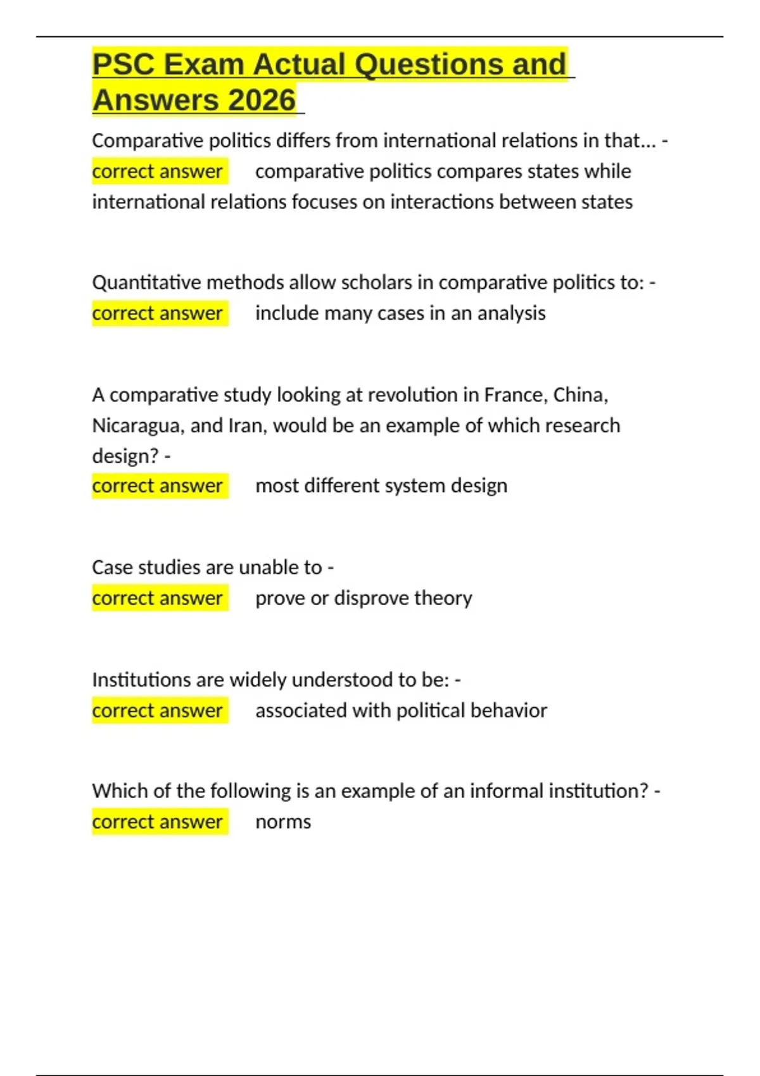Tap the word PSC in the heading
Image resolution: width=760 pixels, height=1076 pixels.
click(123, 65)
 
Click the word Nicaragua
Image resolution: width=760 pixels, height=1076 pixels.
click(137, 425)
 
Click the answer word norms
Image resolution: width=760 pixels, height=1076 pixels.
click(283, 822)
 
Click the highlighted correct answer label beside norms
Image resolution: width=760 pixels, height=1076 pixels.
click(158, 822)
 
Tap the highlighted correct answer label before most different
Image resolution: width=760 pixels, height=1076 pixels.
click(158, 486)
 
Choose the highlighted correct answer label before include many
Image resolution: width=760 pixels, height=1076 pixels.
click(158, 313)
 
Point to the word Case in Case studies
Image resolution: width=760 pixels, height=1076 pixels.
click(112, 568)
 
